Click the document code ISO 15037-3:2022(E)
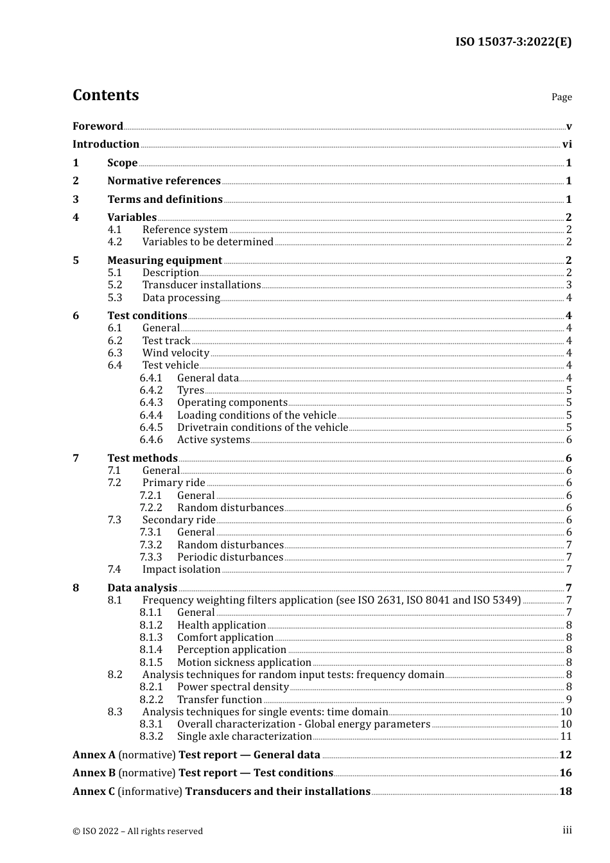click(x=513, y=42)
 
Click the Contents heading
click(x=105, y=95)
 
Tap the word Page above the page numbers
click(x=561, y=97)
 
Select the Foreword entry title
click(x=98, y=126)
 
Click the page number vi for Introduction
click(x=567, y=144)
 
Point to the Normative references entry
click(x=164, y=181)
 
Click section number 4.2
click(x=115, y=242)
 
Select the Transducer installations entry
click(x=202, y=285)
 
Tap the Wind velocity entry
click(x=176, y=353)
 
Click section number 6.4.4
click(x=151, y=415)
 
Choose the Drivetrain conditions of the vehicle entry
click(x=263, y=428)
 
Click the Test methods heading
click(x=143, y=458)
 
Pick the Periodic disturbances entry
click(x=230, y=557)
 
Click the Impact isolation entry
click(x=181, y=570)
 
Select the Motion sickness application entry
click(x=244, y=663)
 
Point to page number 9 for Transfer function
click(x=569, y=700)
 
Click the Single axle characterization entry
click(x=245, y=737)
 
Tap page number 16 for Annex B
click(x=565, y=773)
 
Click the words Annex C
click(x=94, y=792)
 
